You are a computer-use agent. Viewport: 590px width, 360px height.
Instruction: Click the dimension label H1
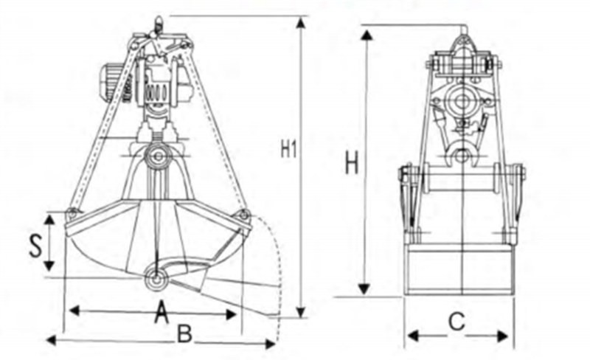point(288,148)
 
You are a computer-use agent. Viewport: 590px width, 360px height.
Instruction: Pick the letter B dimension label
point(184,334)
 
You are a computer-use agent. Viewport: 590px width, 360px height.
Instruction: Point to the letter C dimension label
point(457,322)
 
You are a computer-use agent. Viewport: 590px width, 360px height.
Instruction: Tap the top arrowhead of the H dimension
point(366,34)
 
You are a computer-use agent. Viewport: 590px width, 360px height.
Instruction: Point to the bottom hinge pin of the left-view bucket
point(156,278)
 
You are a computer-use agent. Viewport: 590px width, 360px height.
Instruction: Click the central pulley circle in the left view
point(156,156)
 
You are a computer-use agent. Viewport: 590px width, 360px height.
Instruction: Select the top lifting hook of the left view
point(157,27)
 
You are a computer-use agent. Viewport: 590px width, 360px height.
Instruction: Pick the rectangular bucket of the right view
point(460,269)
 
